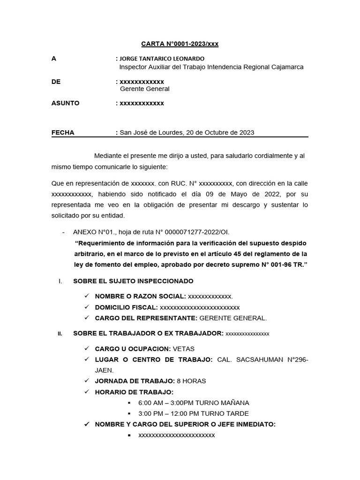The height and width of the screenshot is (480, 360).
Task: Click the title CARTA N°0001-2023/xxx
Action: (x=180, y=44)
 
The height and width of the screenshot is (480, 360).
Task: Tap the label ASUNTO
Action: (x=65, y=103)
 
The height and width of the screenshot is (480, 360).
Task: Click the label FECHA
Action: (x=63, y=133)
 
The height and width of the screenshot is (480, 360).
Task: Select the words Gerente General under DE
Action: (x=145, y=89)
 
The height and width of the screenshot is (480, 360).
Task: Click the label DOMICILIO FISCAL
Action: (x=126, y=307)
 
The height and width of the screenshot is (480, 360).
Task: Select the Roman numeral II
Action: (x=60, y=334)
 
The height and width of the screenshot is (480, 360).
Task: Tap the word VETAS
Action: (x=184, y=349)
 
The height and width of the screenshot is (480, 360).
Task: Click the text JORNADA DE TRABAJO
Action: (x=135, y=381)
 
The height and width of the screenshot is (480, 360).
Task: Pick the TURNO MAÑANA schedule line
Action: (x=194, y=403)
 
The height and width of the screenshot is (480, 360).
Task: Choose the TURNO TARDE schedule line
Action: (x=193, y=413)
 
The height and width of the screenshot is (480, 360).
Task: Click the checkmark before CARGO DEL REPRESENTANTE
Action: (x=87, y=318)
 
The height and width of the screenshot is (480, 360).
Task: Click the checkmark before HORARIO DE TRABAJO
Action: (x=87, y=392)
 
